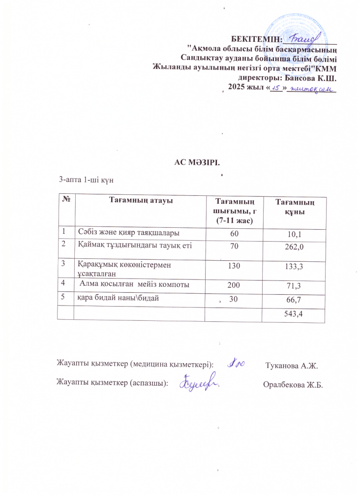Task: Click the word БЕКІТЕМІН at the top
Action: click(x=256, y=39)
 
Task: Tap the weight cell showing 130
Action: click(x=233, y=266)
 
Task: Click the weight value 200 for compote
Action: click(x=233, y=284)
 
